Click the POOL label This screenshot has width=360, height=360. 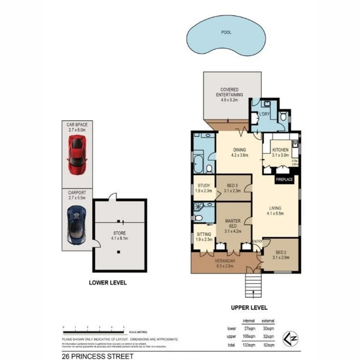click(x=226, y=33)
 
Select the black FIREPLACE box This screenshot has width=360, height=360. click(x=284, y=180)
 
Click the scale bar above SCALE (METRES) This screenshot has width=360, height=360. click(x=93, y=331)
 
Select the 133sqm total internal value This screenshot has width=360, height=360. click(x=249, y=345)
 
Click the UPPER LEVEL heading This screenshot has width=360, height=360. click(x=249, y=308)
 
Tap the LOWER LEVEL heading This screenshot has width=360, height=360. click(x=108, y=283)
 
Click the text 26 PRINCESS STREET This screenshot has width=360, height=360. click(x=98, y=356)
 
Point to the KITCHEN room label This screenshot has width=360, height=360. click(x=280, y=150)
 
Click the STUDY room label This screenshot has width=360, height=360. click(x=204, y=186)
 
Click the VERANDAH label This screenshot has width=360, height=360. click(x=224, y=261)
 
